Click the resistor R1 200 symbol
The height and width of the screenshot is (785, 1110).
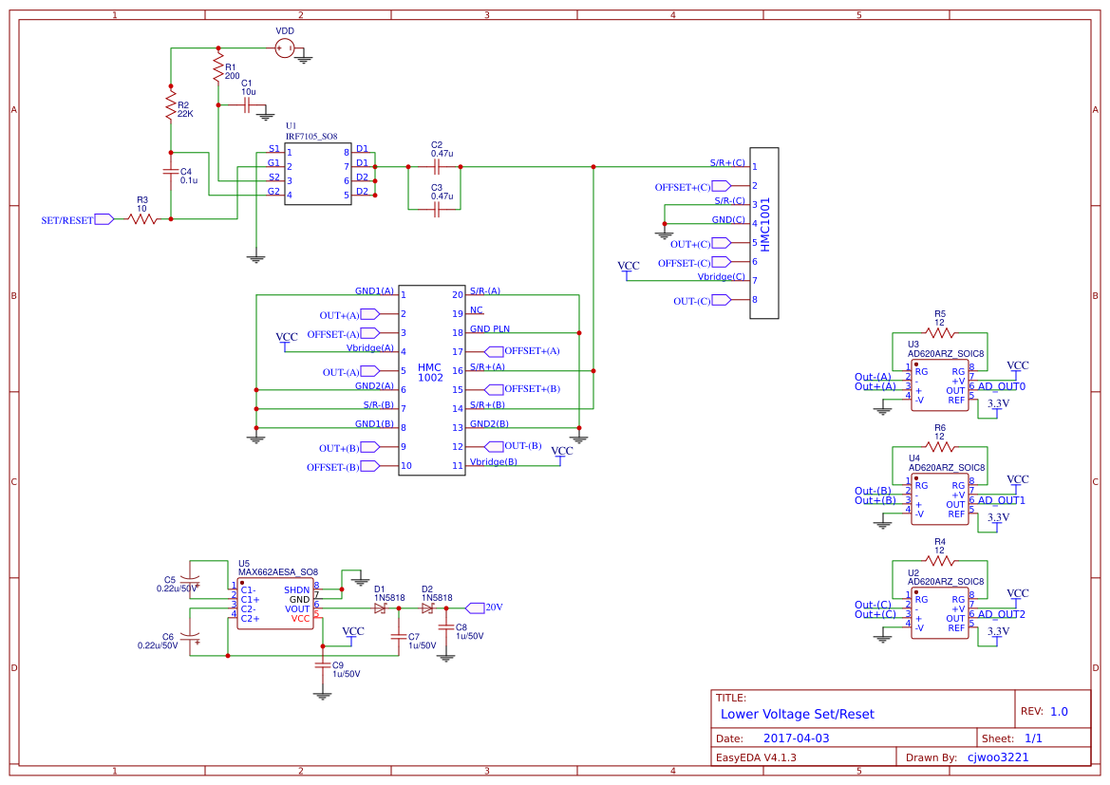(218, 67)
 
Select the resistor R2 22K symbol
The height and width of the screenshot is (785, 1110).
(170, 104)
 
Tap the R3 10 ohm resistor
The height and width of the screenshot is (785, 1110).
(142, 219)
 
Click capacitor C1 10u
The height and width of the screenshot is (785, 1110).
(246, 104)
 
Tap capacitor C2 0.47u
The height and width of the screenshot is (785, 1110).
(436, 167)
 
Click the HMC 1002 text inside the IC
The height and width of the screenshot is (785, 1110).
(430, 372)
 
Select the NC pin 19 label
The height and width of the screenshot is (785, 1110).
(476, 310)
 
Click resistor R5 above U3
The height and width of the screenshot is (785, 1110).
(939, 333)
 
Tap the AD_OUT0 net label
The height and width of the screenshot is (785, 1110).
(1001, 386)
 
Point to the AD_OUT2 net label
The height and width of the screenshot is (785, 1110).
(1001, 614)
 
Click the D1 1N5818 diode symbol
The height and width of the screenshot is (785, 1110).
(380, 607)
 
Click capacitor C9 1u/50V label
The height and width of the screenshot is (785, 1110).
(345, 669)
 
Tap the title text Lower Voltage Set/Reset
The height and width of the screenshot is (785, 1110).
(798, 714)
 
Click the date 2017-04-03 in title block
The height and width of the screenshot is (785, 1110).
(796, 738)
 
